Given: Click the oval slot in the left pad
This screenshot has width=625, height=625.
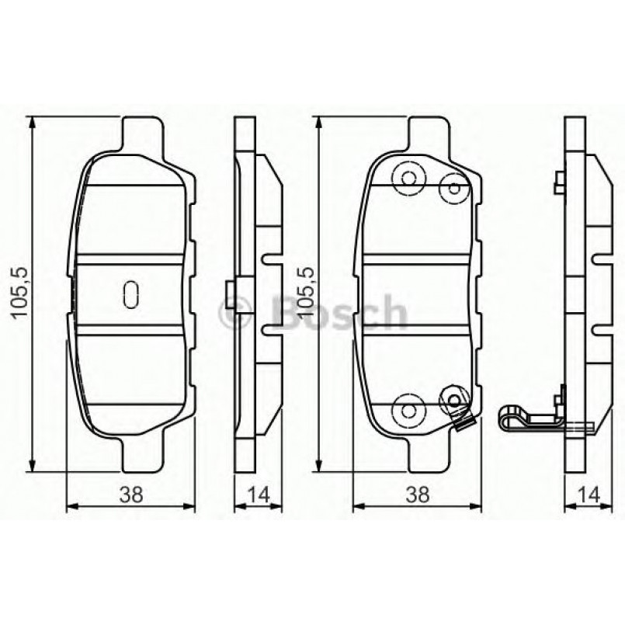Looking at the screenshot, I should pos(130,292).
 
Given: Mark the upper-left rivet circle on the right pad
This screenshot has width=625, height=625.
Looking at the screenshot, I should pos(406,178).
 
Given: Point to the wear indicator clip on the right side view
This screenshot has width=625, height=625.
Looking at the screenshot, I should pos(528,420).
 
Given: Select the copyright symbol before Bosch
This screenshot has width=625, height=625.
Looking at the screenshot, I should pos(234,314).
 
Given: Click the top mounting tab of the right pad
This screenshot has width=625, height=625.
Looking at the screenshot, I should pos(429,134).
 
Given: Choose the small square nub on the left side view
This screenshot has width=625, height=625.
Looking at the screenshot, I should pos(229,290).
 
